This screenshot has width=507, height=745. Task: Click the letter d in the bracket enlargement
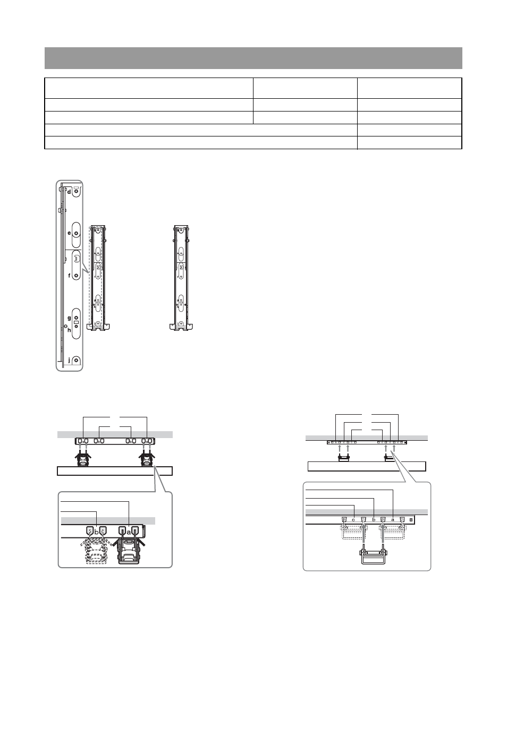click(69, 192)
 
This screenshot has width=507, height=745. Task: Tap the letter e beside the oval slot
click(69, 233)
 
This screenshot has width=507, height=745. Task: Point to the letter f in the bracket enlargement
click(69, 276)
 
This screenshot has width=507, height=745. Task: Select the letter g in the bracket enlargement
click(69, 318)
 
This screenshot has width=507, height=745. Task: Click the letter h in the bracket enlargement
click(69, 330)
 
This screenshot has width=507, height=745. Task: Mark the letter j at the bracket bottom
click(69, 360)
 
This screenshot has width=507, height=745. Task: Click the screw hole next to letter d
click(77, 192)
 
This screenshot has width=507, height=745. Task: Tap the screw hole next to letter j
click(76, 360)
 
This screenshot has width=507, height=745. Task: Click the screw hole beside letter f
click(76, 276)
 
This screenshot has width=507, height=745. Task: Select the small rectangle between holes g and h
click(76, 322)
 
